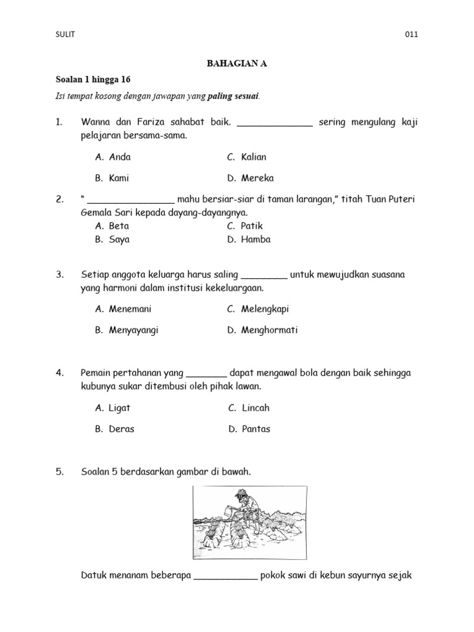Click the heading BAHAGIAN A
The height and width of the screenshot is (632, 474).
point(236,64)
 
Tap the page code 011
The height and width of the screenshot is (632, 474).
point(411,35)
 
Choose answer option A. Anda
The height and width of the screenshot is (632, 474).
point(113,157)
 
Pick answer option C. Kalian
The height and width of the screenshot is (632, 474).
point(247,157)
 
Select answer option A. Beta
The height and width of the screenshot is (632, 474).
point(112,226)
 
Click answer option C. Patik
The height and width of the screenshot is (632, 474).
point(245,226)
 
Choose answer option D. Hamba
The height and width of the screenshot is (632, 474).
point(249,239)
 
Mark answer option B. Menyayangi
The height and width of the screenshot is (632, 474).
point(127,330)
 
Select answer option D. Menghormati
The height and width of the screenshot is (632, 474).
point(262,330)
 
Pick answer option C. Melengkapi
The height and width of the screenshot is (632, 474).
point(258,309)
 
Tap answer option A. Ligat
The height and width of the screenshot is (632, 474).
point(113,408)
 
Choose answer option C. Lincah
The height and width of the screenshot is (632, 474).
point(249,408)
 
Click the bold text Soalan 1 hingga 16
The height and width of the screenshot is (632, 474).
point(93,80)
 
